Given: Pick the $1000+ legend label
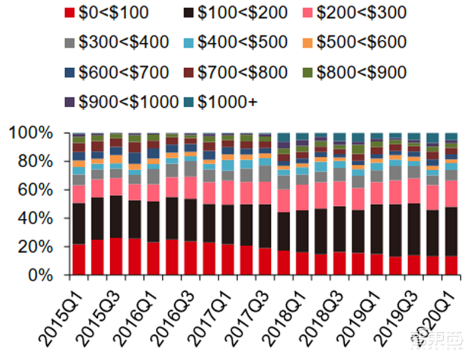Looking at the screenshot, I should (x=228, y=102).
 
